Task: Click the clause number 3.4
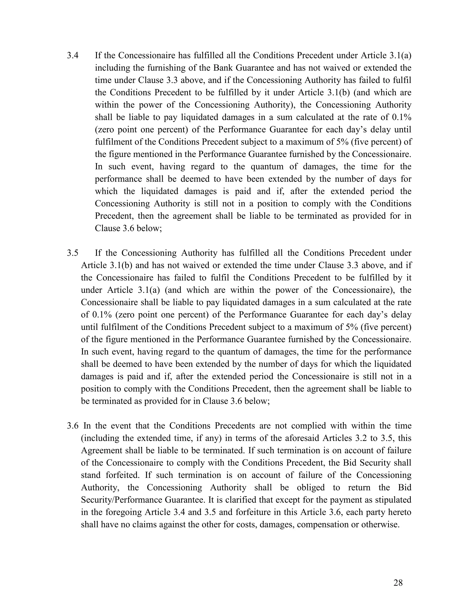pos(73,55)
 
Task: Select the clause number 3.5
pos(73,253)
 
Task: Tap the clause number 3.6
pos(73,426)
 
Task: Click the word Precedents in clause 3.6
pos(235,426)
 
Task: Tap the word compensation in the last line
pos(320,524)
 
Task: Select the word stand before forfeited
pos(90,475)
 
